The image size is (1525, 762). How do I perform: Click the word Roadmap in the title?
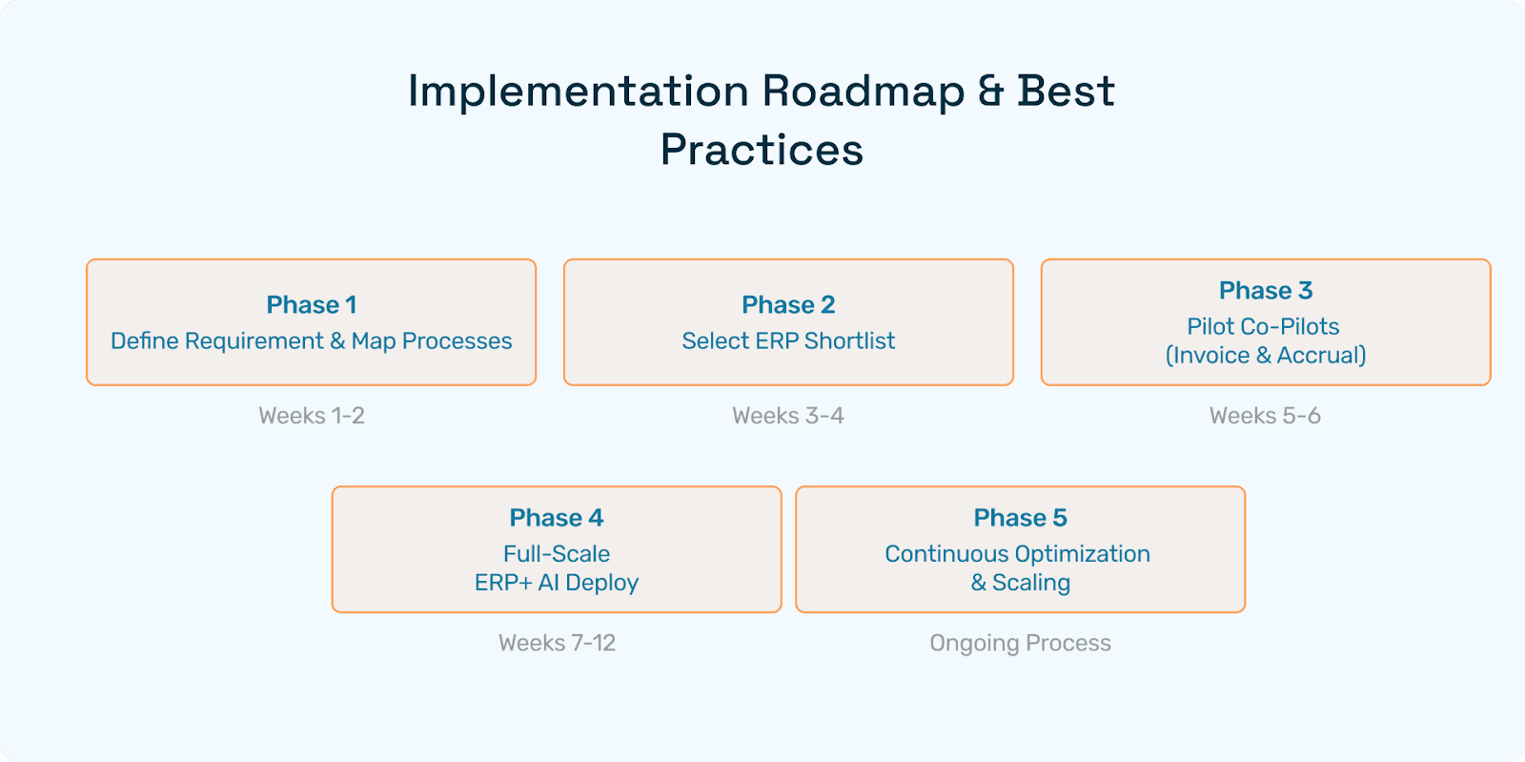[864, 92]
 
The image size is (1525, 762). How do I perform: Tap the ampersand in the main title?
[991, 91]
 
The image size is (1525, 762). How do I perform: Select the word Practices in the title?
[762, 150]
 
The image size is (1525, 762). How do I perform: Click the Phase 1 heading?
[311, 304]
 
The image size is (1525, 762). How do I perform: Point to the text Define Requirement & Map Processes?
[311, 340]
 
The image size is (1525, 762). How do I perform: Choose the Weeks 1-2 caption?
[311, 416]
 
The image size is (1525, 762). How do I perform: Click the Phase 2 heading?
[788, 304]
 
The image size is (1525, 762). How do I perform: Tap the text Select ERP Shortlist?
[788, 340]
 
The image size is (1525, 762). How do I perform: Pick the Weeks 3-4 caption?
[788, 416]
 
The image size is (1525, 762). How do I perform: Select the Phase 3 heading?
[1266, 290]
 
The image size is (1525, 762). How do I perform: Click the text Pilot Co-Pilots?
[1263, 326]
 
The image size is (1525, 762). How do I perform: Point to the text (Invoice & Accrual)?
[1266, 356]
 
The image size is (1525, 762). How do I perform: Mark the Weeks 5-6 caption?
[1265, 416]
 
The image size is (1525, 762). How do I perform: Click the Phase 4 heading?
[557, 518]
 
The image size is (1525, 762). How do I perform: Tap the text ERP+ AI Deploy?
[557, 583]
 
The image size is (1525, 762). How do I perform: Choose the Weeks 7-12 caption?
[557, 643]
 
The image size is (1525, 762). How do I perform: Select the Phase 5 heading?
[1020, 518]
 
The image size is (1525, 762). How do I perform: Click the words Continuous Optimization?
[1017, 554]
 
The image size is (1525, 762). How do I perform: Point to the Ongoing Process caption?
[1020, 643]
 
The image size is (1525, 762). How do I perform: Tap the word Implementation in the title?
[579, 92]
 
